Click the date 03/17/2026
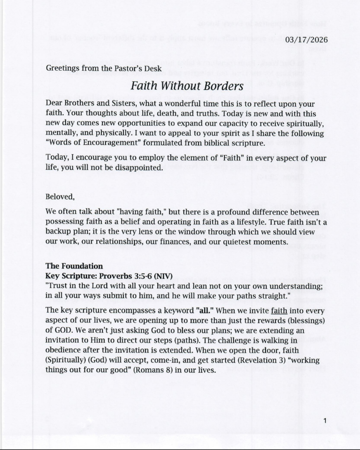point(306,40)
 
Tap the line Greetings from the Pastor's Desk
point(104,68)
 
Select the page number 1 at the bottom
point(325,421)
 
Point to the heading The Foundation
point(74,266)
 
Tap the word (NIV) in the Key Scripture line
point(163,276)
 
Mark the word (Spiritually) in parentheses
point(67,360)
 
